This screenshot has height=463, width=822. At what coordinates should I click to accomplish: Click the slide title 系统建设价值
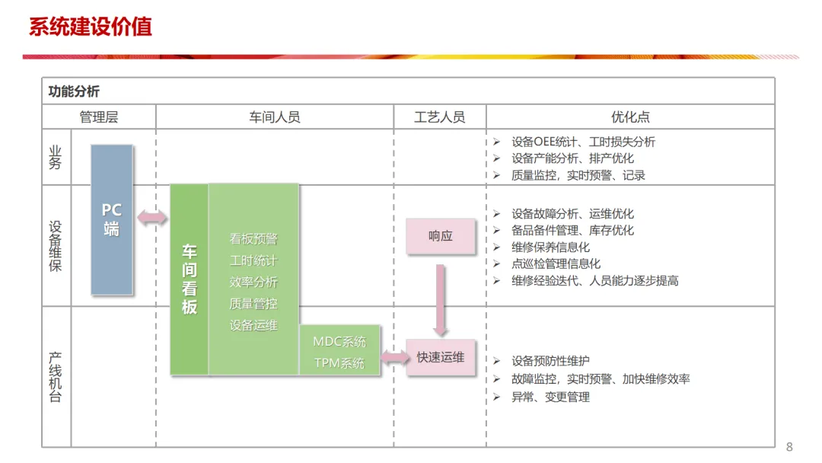pos(90,27)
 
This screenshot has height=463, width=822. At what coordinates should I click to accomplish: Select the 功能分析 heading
pos(74,91)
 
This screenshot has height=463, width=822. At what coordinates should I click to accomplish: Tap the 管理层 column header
pos(99,117)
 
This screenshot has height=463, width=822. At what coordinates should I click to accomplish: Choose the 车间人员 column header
pos(275,117)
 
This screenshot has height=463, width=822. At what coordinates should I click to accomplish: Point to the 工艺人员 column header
pos(439,117)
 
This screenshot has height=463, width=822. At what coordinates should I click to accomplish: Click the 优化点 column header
pos(630,117)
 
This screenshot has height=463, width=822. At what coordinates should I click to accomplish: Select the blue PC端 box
pos(112,219)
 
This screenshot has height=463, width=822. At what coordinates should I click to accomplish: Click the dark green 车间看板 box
pos(189,279)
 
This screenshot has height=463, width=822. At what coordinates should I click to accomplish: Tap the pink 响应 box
pos(440,236)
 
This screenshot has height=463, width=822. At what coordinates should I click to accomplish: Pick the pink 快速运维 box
pos(440,356)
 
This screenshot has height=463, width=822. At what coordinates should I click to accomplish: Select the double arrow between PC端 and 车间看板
pos(152,219)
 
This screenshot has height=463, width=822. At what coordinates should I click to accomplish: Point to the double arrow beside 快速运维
pos(393,356)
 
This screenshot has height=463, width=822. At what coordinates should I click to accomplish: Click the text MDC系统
pos(339,341)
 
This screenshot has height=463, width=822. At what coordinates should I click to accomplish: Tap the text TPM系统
pos(339,363)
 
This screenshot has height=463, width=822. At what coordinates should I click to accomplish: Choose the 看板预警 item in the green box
pos(253,238)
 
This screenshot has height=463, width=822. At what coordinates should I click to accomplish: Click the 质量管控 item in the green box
pos(253,304)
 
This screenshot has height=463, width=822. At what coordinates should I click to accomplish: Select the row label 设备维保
pos(56,246)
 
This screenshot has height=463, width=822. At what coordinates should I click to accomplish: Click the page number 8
pos(789,447)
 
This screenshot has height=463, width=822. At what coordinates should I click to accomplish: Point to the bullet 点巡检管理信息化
pos(556,263)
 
